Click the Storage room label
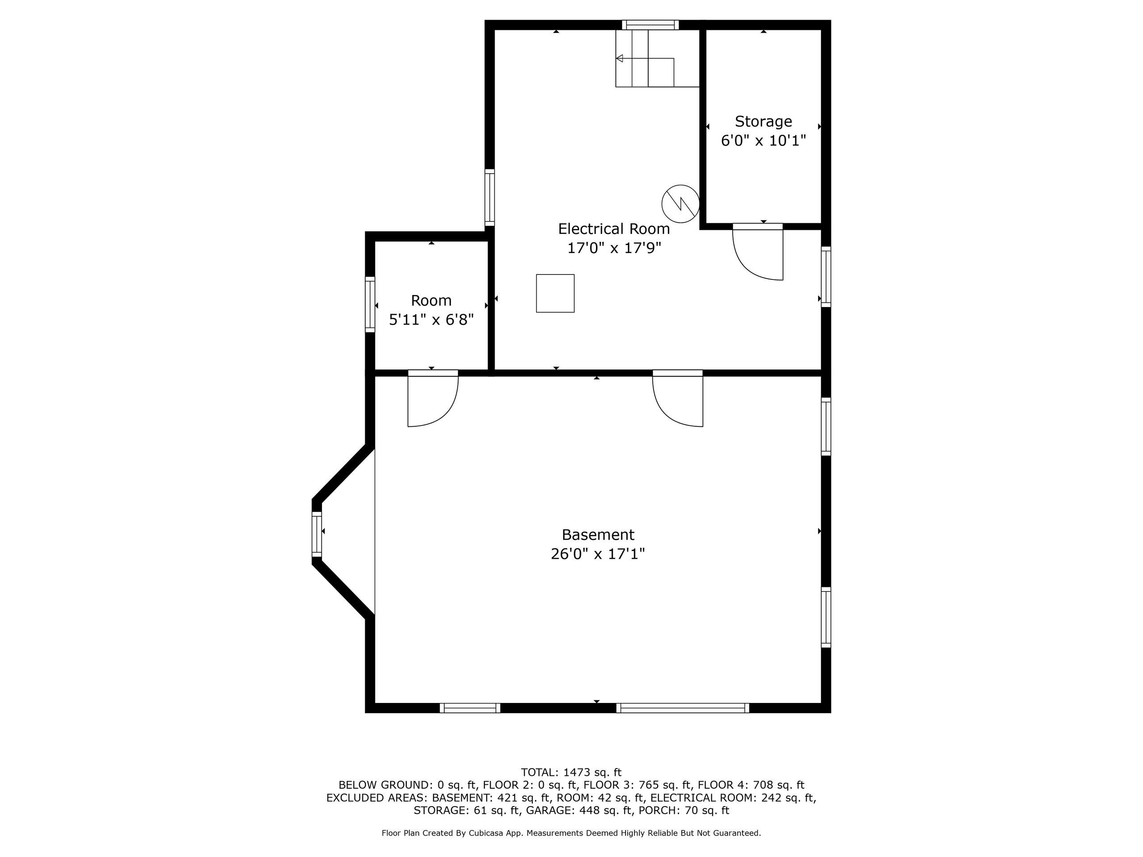click(763, 121)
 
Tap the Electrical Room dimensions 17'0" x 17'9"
click(614, 249)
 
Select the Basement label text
click(598, 535)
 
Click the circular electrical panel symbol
click(680, 204)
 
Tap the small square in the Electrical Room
click(555, 293)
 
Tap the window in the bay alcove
click(317, 534)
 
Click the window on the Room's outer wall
click(370, 304)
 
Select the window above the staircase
click(650, 25)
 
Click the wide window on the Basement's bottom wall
click(682, 708)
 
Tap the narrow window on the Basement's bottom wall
click(470, 708)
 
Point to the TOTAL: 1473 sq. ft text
click(571, 772)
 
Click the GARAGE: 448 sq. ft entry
click(579, 810)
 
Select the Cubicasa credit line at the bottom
click(571, 833)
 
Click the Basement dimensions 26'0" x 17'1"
click(598, 554)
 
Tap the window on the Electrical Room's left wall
click(489, 197)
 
